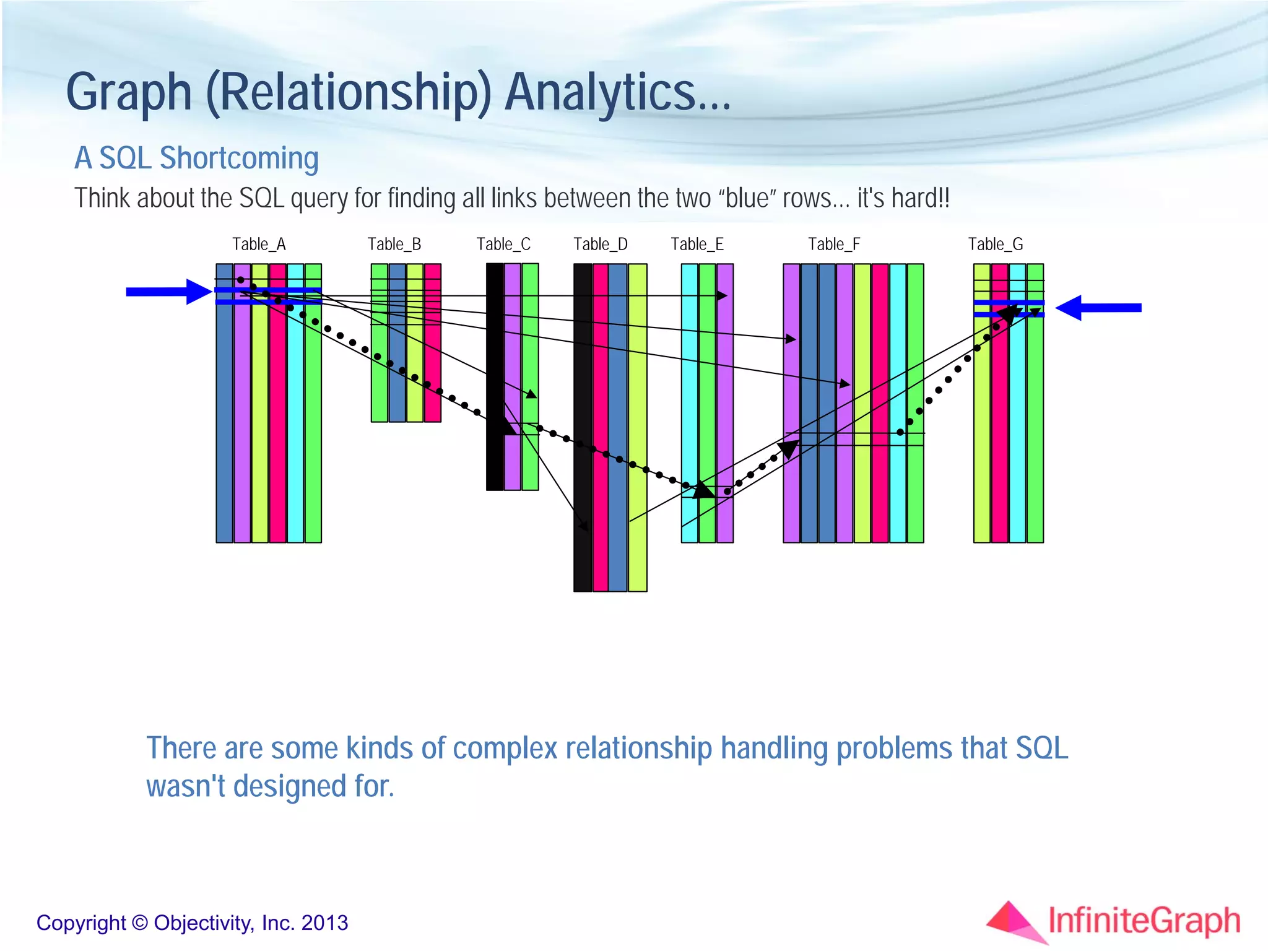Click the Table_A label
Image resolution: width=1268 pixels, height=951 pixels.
259,244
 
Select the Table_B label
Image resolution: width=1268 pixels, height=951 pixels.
394,244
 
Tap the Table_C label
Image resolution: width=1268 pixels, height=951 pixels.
503,244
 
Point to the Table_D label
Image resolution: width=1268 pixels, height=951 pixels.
601,244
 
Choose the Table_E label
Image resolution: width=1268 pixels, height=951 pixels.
697,244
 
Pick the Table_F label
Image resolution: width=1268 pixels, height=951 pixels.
834,244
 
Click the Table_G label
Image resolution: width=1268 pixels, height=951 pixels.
996,244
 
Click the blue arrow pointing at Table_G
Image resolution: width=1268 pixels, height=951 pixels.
1098,308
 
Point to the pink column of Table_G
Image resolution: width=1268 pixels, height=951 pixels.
1000,433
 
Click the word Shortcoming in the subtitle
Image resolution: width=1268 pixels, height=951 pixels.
239,158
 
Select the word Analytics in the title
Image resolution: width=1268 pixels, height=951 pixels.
617,92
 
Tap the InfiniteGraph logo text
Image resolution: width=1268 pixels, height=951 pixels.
1144,921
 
